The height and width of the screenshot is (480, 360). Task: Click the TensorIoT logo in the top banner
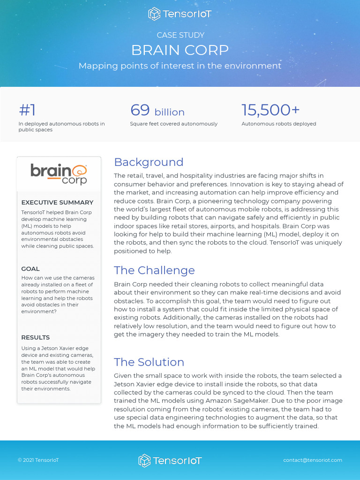point(180,14)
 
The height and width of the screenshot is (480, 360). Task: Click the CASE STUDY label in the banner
point(180,35)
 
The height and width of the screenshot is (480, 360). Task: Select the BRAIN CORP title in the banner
point(180,50)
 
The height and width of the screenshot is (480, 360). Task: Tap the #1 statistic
point(27,110)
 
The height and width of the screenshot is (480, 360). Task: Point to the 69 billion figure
point(157,111)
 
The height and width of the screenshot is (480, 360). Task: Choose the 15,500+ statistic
point(270,110)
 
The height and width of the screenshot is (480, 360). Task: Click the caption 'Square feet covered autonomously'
point(173,124)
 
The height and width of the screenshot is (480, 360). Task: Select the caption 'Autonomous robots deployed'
point(279,124)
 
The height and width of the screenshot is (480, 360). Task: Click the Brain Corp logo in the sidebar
point(59,173)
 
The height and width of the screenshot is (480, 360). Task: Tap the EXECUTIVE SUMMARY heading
point(57,202)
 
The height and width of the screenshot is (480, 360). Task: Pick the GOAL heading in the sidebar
point(30,269)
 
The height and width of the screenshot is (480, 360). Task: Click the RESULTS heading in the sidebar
point(35,337)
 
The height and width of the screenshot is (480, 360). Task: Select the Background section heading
point(149,162)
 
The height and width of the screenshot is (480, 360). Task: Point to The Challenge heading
point(154,270)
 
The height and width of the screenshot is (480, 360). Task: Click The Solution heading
point(149,362)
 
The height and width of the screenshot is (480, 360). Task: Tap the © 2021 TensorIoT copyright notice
point(38,460)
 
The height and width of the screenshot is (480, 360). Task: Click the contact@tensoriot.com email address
point(313,460)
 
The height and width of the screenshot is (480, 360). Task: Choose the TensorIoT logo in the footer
point(170,461)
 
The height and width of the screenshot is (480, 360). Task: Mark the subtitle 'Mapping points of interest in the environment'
point(180,66)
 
